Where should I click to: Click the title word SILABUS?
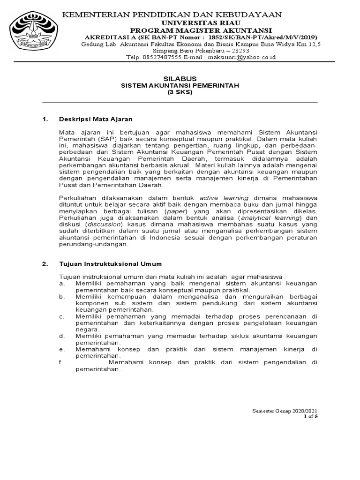180,78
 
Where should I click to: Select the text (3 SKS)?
180,92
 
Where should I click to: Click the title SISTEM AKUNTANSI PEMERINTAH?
180,85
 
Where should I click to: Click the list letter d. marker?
61,336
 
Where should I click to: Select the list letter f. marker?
61,362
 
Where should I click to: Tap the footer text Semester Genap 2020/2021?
287,411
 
